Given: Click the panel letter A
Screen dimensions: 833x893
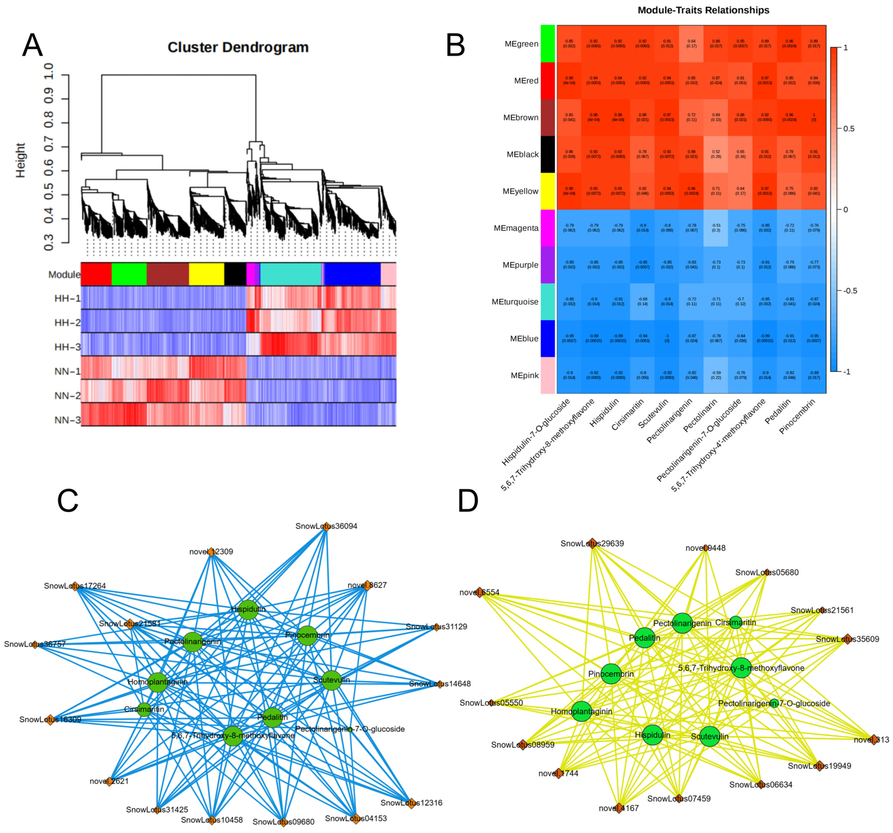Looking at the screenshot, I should pos(32,45).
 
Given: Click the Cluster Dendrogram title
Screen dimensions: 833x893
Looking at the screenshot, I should pos(238,47).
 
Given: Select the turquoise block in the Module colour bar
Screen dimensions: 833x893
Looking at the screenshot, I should pos(291,274).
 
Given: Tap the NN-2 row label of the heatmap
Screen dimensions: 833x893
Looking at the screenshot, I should pos(67,396).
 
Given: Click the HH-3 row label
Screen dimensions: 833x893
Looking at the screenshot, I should pos(67,347).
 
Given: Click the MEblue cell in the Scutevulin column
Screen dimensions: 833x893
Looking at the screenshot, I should pos(667,338).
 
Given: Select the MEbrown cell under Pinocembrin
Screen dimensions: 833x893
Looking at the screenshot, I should pos(814,118).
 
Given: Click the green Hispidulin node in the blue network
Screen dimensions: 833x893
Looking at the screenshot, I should pos(248,609).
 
